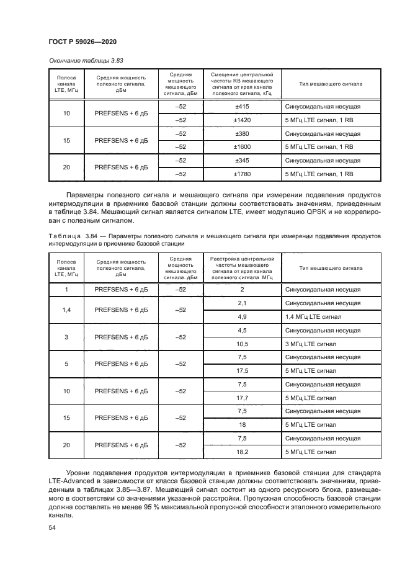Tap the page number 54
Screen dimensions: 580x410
coord(51,527)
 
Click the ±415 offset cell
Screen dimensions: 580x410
coord(242,107)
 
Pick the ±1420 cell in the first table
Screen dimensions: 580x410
coord(242,120)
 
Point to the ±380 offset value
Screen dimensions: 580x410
coord(242,134)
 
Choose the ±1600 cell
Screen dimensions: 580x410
coord(242,147)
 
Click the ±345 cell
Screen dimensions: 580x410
coord(242,161)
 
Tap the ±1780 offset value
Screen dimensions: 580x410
coord(242,174)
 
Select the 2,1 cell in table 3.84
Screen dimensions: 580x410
coord(242,303)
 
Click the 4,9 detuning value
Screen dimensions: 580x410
coord(242,316)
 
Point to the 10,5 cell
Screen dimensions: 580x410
coord(242,344)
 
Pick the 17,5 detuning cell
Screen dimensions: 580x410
coord(242,371)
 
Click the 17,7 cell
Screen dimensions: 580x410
coord(242,398)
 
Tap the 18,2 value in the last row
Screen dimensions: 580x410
coord(242,452)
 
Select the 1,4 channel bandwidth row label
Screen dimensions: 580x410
coord(67,310)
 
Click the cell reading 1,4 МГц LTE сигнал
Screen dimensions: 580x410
coord(313,316)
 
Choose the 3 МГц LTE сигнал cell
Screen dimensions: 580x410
coord(310,344)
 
